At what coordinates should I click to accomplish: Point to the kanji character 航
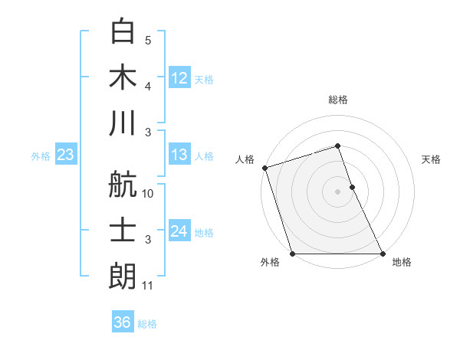click(123, 185)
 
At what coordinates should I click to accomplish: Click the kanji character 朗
click(123, 277)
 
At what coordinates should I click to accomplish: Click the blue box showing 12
click(179, 77)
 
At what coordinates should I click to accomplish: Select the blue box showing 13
click(179, 155)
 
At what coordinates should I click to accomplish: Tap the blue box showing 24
click(179, 231)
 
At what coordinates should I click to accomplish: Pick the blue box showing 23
click(66, 155)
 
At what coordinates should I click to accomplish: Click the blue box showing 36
click(123, 322)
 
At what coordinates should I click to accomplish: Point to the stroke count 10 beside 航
click(148, 194)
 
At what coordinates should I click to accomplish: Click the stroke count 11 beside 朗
click(148, 286)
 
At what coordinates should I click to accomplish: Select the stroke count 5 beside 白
click(148, 41)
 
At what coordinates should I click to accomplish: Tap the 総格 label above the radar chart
click(338, 100)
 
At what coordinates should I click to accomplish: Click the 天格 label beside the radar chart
click(432, 159)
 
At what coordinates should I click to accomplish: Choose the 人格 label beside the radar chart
click(245, 159)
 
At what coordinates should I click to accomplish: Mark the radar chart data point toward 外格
click(292, 254)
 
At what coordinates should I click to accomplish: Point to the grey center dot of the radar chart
click(338, 191)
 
